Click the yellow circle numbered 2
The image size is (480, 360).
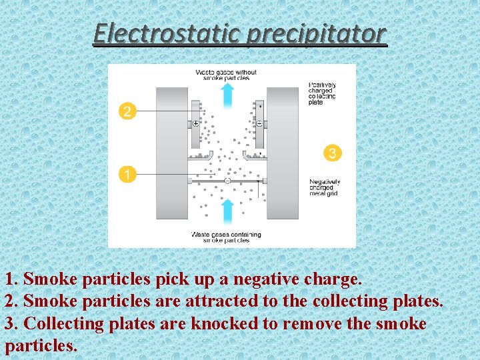pos(127,111)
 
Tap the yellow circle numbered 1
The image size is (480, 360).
pos(127,175)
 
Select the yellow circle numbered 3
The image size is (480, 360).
pos(333,153)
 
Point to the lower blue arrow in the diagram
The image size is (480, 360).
pos(227,210)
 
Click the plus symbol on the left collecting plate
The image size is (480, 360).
pos(196,123)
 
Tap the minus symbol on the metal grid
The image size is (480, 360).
pos(227,181)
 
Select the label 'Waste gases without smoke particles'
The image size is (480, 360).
pos(226,75)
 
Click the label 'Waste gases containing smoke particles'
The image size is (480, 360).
pos(226,237)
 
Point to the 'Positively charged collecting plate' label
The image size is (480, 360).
pos(323,93)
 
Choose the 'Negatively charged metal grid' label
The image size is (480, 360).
pos(325,187)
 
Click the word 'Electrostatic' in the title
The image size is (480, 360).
pos(167,33)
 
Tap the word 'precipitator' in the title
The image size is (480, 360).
pos(316,33)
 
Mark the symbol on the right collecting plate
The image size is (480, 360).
pos(259,123)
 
